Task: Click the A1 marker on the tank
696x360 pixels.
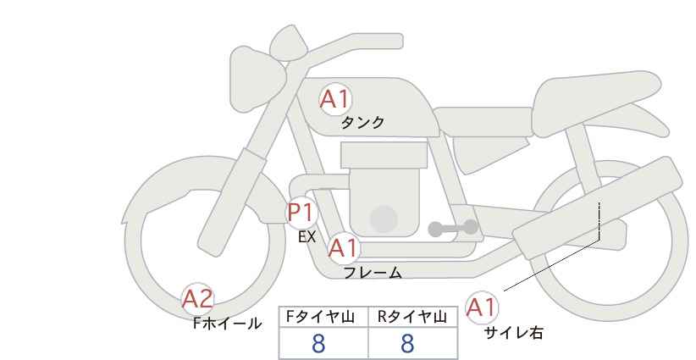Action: click(335, 99)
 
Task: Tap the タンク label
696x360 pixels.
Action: click(362, 123)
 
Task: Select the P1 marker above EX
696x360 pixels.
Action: click(301, 213)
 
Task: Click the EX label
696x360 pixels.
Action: click(307, 237)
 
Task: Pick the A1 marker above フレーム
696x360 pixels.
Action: click(343, 248)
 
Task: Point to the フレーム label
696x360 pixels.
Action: click(373, 272)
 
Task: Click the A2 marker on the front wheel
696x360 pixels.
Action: click(198, 299)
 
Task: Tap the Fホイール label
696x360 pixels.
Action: click(227, 324)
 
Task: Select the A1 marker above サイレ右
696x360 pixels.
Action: click(481, 307)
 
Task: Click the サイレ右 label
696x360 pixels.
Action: click(513, 333)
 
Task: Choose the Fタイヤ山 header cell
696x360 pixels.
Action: click(323, 318)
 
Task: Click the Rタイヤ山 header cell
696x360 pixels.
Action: click(413, 318)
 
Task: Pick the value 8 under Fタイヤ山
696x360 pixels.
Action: click(318, 344)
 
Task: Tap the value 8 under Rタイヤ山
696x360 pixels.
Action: click(407, 344)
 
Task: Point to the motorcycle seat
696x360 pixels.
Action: click(594, 103)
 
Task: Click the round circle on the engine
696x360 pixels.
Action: click(384, 219)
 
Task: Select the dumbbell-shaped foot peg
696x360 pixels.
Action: click(453, 228)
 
